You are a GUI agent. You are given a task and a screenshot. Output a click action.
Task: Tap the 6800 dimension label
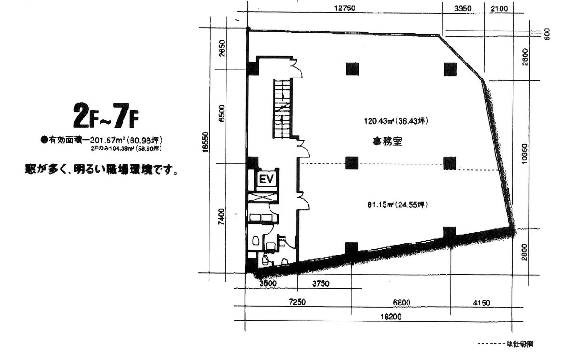[400, 303]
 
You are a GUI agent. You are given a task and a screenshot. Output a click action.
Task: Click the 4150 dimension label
[480, 303]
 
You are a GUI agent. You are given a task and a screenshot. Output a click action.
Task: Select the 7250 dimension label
[297, 303]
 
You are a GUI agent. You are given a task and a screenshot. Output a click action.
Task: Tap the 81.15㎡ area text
[397, 204]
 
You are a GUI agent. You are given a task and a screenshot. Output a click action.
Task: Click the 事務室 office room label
[387, 141]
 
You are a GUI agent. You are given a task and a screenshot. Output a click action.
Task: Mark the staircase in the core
[283, 109]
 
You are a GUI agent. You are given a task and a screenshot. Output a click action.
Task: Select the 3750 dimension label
[321, 283]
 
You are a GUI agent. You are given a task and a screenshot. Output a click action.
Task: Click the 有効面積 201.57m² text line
[102, 140]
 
